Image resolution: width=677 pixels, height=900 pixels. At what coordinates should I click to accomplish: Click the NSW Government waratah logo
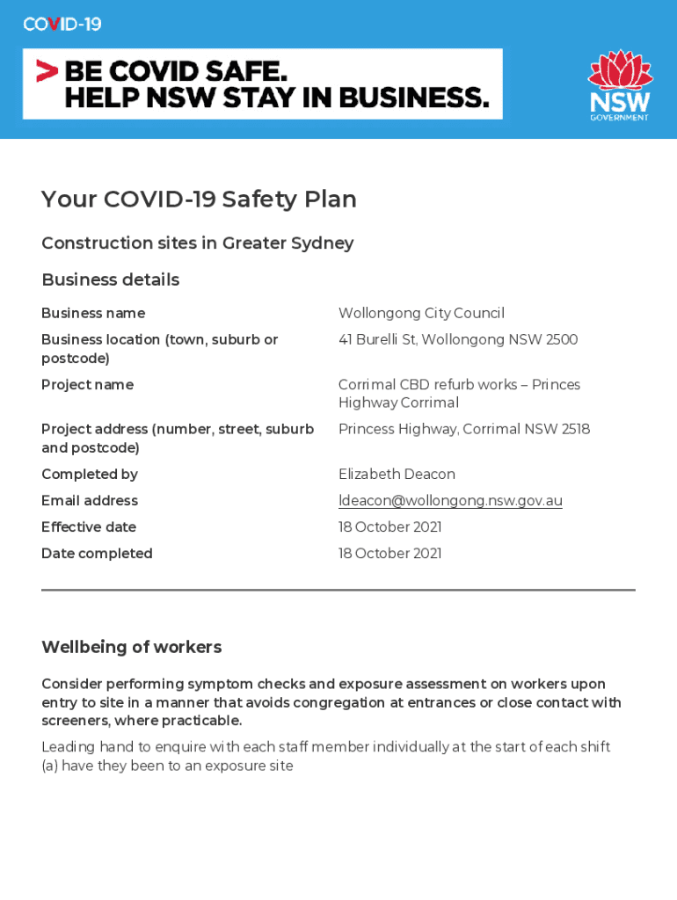pyautogui.click(x=620, y=84)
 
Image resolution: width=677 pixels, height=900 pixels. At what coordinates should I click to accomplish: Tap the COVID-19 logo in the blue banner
pyautogui.click(x=62, y=25)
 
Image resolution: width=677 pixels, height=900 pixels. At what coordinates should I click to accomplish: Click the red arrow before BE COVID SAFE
pyautogui.click(x=47, y=70)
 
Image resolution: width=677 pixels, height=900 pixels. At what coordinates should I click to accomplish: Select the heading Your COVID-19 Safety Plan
pyautogui.click(x=199, y=200)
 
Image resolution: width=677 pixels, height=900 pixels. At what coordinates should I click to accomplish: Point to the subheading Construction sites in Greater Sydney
pyautogui.click(x=197, y=243)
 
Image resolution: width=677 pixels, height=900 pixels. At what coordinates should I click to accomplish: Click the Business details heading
pyautogui.click(x=110, y=280)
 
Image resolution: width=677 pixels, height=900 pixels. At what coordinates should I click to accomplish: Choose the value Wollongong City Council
pyautogui.click(x=421, y=314)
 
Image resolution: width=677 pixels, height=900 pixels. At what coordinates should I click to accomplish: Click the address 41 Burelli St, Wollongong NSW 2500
pyautogui.click(x=458, y=340)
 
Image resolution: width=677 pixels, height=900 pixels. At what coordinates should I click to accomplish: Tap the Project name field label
pyautogui.click(x=87, y=385)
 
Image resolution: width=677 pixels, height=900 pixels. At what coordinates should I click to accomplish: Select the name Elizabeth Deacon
pyautogui.click(x=397, y=475)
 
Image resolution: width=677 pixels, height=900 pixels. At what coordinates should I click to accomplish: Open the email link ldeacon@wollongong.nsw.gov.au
pyautogui.click(x=450, y=501)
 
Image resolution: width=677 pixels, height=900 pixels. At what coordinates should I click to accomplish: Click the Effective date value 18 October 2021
pyautogui.click(x=389, y=527)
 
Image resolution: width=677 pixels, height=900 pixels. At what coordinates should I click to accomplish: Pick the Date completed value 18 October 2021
pyautogui.click(x=389, y=554)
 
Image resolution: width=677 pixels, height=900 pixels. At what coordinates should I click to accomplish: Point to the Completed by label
pyautogui.click(x=89, y=475)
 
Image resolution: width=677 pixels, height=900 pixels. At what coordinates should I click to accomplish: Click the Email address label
pyautogui.click(x=89, y=501)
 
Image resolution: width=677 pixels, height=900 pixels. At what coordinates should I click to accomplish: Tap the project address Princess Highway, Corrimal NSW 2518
pyautogui.click(x=464, y=430)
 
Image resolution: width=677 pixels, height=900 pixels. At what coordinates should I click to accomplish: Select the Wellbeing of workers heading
pyautogui.click(x=131, y=648)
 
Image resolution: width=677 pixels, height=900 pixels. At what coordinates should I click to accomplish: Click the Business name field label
pyautogui.click(x=93, y=314)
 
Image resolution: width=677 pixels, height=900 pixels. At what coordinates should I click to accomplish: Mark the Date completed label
pyautogui.click(x=97, y=554)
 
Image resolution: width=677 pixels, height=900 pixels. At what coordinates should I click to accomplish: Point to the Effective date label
pyautogui.click(x=88, y=527)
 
